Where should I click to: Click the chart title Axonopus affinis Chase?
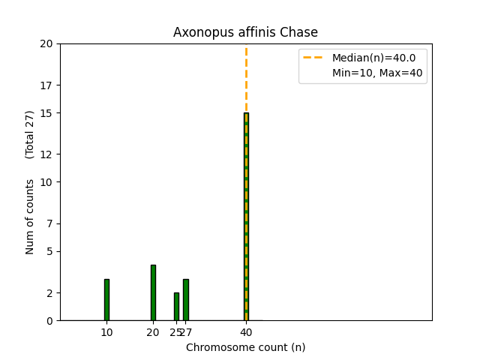tap(245, 32)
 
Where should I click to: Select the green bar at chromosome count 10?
tap(106, 300)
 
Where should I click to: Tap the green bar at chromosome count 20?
tap(153, 292)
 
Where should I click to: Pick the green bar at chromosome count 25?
tap(176, 307)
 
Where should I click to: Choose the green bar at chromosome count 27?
tap(185, 300)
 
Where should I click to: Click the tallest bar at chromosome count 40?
tap(246, 217)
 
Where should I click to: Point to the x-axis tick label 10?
tap(106, 332)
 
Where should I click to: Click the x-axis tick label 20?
tap(153, 332)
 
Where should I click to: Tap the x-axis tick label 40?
tap(246, 332)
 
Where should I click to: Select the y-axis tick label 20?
tap(46, 43)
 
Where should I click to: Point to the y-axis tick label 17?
tap(46, 85)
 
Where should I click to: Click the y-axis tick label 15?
tap(46, 113)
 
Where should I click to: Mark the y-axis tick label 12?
tap(46, 154)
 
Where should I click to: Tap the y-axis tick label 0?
tap(49, 321)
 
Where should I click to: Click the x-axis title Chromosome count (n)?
tap(245, 347)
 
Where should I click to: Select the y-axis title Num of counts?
tap(30, 217)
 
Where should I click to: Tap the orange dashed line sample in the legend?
tap(313, 58)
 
